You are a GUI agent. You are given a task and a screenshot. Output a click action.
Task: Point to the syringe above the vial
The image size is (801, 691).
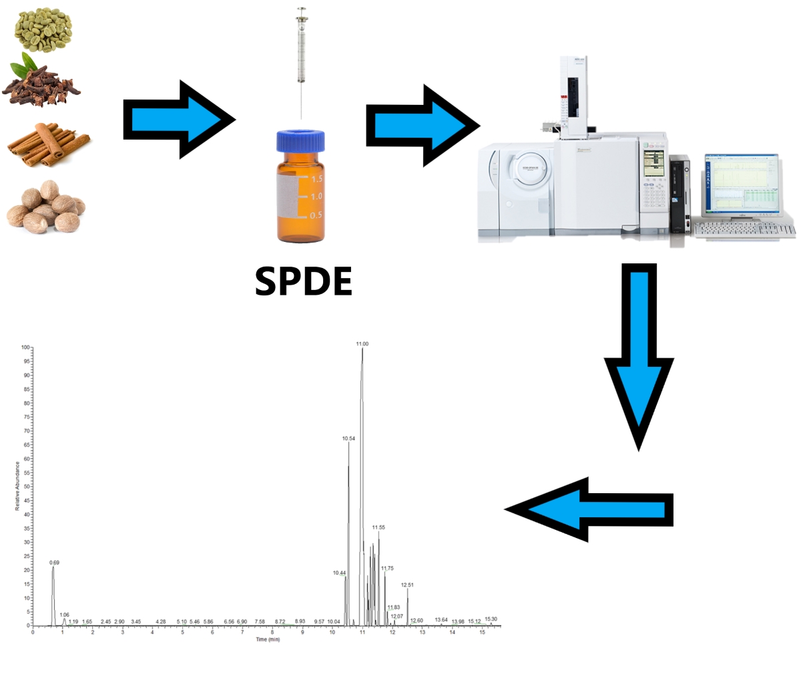[302, 53]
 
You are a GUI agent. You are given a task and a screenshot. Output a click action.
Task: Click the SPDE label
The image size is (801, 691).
[303, 283]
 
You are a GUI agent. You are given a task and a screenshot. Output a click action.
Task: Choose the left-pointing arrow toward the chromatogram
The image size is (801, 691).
[587, 510]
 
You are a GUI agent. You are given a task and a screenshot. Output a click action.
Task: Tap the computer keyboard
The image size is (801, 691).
[744, 230]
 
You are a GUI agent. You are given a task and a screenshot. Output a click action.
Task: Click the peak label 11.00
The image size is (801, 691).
[362, 343]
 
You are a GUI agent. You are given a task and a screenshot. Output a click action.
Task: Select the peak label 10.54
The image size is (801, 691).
[348, 438]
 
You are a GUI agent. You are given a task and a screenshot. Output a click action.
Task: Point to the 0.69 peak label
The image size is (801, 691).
[55, 563]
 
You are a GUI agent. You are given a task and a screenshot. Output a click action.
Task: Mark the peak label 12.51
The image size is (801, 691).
[407, 585]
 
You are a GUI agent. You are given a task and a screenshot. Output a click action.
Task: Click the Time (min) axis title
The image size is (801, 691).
[268, 640]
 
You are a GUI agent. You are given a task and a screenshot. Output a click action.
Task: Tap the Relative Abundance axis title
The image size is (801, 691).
[17, 486]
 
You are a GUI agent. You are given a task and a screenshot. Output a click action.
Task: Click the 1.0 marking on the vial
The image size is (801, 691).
[316, 196]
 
